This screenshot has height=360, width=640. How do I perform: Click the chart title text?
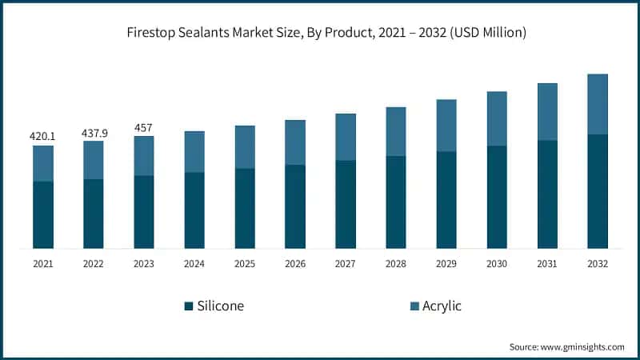320,33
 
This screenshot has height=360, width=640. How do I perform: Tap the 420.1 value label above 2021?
43,136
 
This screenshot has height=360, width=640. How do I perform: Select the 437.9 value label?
94,131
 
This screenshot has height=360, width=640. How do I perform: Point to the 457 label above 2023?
144,127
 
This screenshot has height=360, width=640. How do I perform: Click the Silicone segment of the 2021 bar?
43,214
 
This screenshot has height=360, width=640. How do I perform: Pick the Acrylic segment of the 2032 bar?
598,104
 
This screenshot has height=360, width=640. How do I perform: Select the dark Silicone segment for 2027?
346,204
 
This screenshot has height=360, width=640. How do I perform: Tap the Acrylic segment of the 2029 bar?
446,126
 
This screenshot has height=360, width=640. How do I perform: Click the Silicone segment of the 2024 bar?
194,210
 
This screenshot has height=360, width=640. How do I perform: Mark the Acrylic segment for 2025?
245,147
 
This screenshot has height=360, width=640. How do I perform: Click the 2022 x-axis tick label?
94,264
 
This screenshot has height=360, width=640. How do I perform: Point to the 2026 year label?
295,264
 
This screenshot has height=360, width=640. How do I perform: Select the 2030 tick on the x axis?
497,264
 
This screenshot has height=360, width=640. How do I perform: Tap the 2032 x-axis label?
598,264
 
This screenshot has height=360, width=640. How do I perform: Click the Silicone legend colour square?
189,306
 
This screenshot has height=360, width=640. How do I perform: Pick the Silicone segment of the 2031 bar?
547,194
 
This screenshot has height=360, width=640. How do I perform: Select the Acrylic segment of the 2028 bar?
396,131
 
